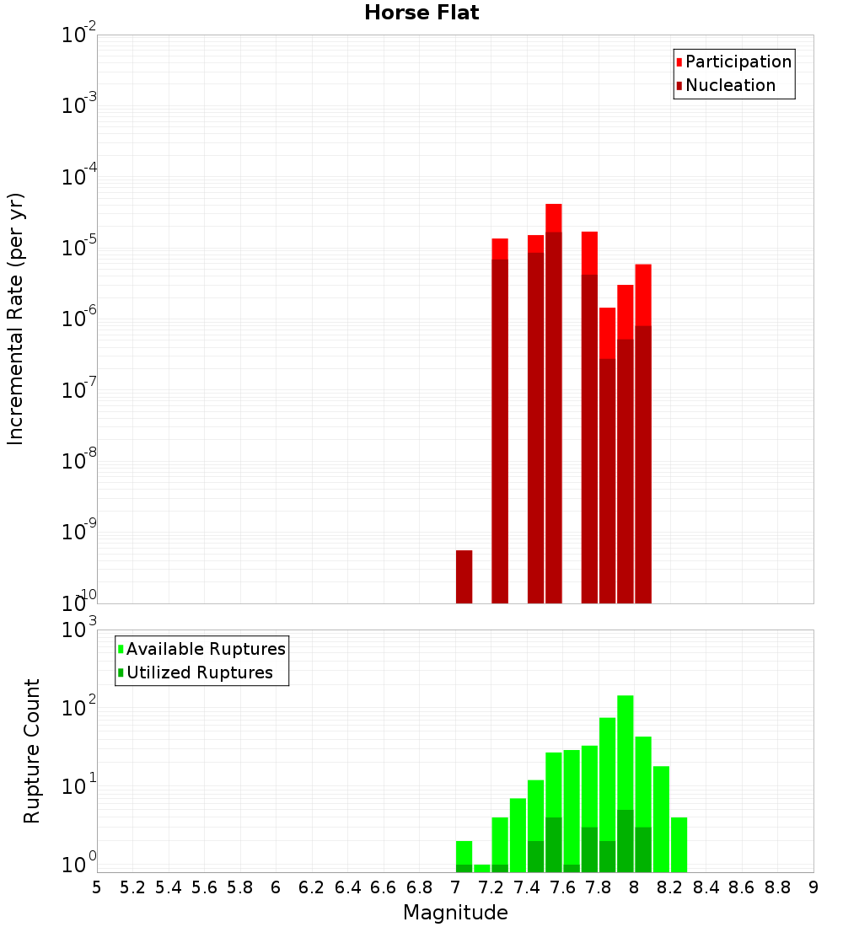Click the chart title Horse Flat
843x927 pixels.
[421, 13]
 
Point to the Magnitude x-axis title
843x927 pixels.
[455, 913]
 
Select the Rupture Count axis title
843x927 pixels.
[32, 751]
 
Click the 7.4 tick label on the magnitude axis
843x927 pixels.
[527, 887]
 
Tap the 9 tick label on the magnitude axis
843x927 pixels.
[813, 887]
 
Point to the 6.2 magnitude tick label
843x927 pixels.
[312, 887]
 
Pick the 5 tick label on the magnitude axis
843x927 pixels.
[97, 887]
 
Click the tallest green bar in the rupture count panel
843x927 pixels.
[626, 784]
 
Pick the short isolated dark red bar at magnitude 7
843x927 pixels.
[464, 577]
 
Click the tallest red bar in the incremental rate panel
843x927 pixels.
[554, 405]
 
